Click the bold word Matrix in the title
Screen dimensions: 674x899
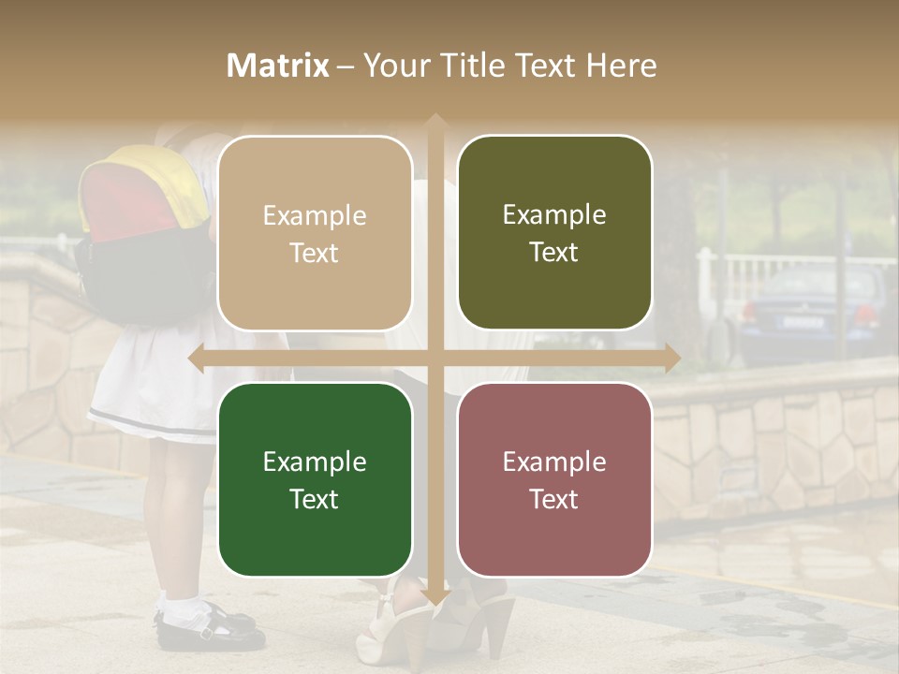pyautogui.click(x=278, y=66)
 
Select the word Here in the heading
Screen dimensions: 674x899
pyautogui.click(x=622, y=66)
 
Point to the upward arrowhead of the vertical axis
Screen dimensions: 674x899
pyautogui.click(x=435, y=123)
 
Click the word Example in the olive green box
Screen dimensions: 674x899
pyautogui.click(x=554, y=215)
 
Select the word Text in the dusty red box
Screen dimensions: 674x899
pyautogui.click(x=554, y=499)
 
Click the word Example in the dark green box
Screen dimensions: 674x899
pyautogui.click(x=315, y=462)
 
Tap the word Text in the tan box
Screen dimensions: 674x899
pyautogui.click(x=315, y=253)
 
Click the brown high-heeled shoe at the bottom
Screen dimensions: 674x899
pyautogui.click(x=487, y=618)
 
